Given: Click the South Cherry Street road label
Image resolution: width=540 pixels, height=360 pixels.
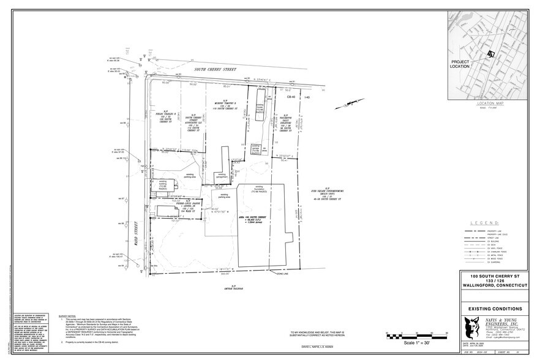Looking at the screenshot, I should click(x=216, y=70).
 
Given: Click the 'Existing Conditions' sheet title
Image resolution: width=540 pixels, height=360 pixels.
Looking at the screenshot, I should click(x=495, y=309).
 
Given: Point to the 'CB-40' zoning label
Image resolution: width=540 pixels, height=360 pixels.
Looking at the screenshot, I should click(x=291, y=97).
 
